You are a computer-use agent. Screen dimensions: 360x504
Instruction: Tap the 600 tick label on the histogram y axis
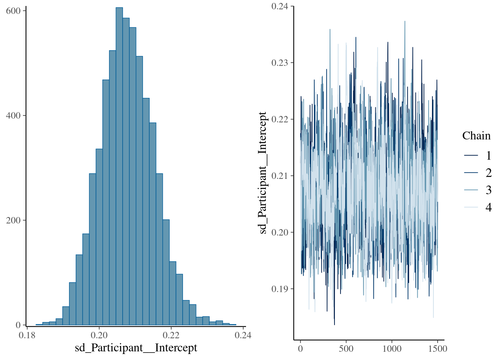point(13,11)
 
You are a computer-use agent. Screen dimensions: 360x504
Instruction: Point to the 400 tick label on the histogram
point(13,115)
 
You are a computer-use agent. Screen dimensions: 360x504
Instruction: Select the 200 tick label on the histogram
point(13,220)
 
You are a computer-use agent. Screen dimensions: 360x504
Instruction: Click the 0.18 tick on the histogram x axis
point(27,335)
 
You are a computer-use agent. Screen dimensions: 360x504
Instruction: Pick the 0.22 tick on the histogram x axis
point(171,335)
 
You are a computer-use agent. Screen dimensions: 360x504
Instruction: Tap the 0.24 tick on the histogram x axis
point(243,335)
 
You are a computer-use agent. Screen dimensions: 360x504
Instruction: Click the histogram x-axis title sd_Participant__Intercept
point(136,348)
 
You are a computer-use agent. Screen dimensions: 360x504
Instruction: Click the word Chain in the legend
point(476,136)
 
